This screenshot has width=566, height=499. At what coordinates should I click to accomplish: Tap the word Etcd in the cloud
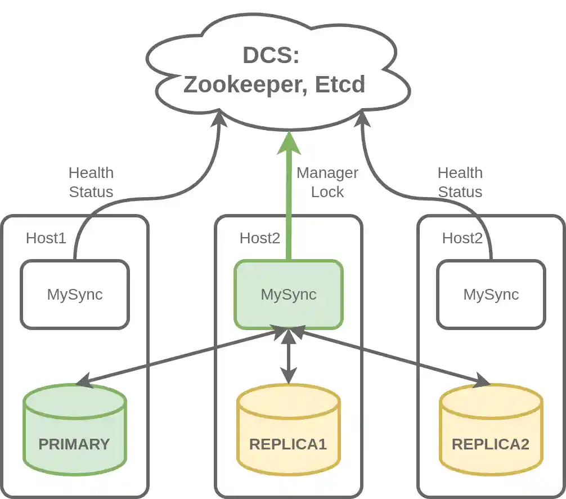coord(340,84)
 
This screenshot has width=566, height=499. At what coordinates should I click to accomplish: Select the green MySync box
coord(288,294)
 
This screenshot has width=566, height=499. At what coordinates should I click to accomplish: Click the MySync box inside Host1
coord(75,294)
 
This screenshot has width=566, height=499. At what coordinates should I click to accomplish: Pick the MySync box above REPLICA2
coord(491,294)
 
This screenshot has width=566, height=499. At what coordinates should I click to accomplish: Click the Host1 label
coord(46,238)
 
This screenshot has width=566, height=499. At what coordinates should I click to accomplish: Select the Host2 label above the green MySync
coord(259,238)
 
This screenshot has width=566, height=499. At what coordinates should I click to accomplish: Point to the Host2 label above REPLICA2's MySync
coord(462,238)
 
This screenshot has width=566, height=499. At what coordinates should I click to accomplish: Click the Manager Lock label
coord(327,182)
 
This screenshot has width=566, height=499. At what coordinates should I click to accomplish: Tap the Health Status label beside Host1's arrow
coord(91,182)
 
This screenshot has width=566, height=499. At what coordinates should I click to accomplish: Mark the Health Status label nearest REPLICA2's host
coord(460,182)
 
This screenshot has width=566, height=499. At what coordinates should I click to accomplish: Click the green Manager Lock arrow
coord(289,197)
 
